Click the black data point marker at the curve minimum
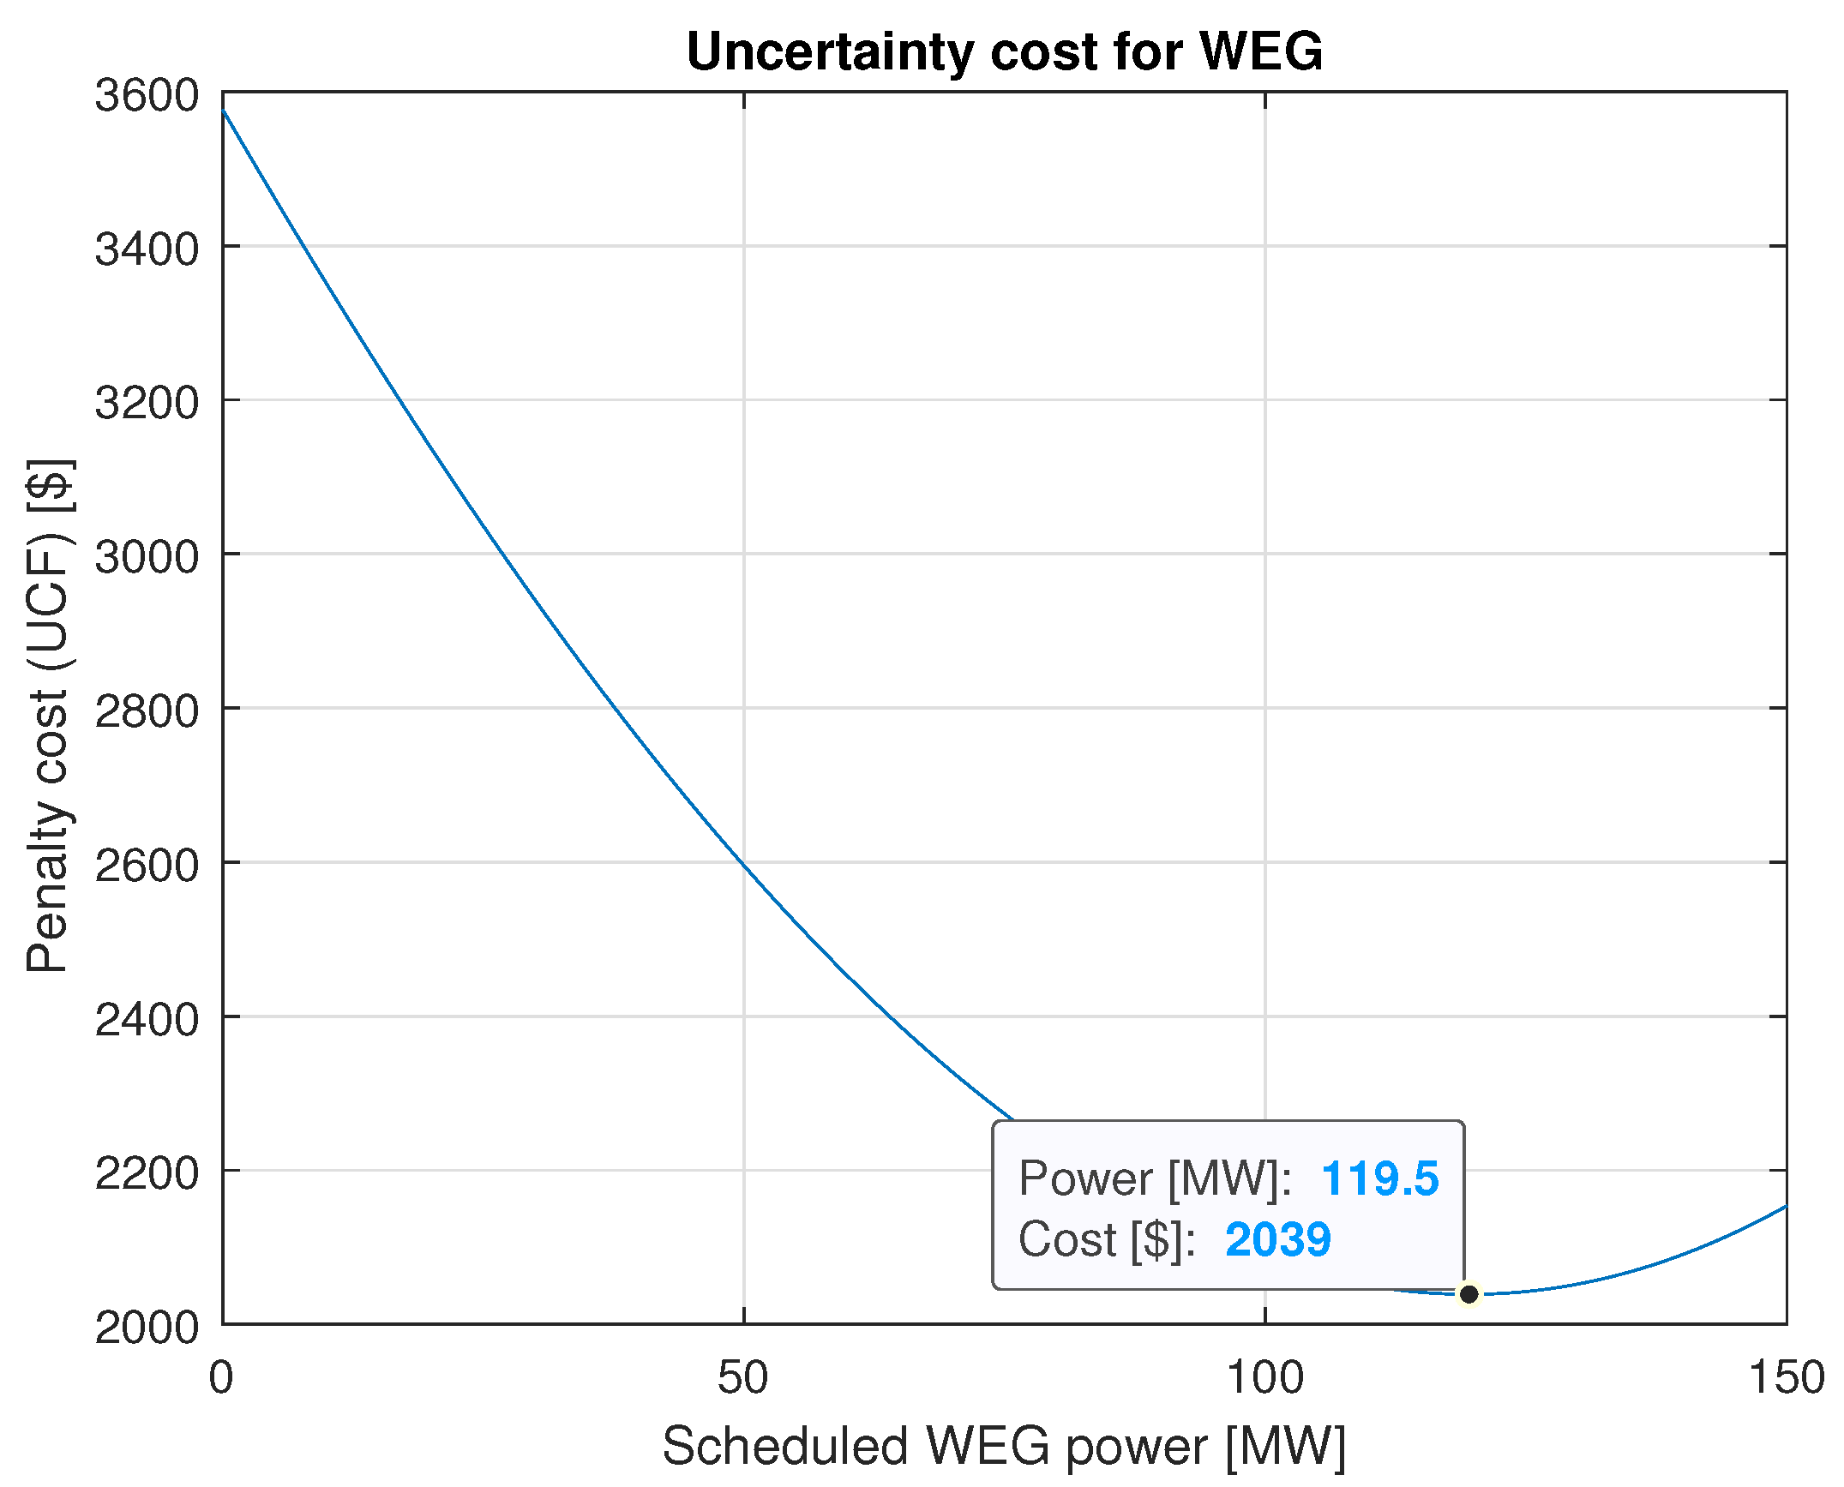[1469, 1293]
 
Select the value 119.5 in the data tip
[1379, 1178]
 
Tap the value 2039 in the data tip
[1277, 1239]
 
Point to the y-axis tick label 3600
[147, 95]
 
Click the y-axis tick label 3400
[147, 249]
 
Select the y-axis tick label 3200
[147, 403]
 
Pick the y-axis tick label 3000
[147, 557]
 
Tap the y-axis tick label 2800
[147, 711]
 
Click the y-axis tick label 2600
[147, 865]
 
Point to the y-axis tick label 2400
[147, 1019]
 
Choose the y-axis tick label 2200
[147, 1172]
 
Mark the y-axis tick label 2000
[147, 1327]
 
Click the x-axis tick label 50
[743, 1378]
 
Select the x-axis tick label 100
[1264, 1378]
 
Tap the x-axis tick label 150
[1787, 1378]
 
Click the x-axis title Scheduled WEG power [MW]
[1004, 1447]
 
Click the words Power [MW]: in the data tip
[1155, 1178]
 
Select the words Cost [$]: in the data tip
[1107, 1239]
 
